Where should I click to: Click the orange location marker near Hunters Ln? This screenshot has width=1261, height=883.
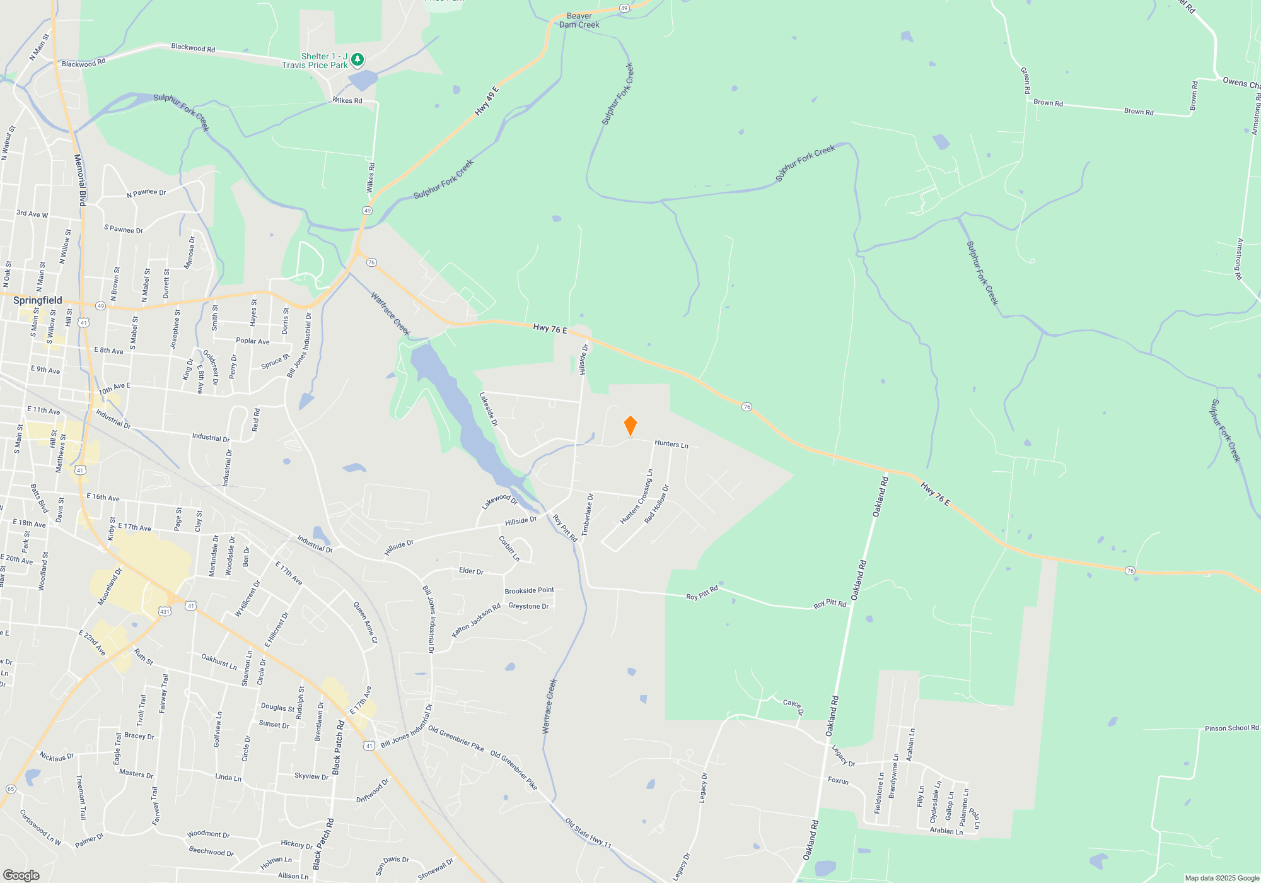coord(630,426)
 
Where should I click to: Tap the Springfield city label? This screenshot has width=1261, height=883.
coord(38,300)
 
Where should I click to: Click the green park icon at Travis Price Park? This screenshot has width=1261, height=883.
coord(357,60)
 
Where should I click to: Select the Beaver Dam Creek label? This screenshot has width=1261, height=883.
coord(579,21)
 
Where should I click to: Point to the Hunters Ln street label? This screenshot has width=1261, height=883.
coord(671,444)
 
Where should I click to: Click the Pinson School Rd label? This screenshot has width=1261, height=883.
coord(1231,728)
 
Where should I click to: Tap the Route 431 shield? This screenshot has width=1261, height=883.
coord(165,611)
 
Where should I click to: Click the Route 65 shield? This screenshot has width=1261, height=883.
coord(11,789)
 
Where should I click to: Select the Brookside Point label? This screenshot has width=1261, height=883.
coord(529,591)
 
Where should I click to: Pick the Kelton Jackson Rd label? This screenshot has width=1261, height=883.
coord(476,620)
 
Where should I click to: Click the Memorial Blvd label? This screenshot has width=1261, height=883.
coord(79,180)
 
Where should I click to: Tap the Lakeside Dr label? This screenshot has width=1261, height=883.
coord(489,409)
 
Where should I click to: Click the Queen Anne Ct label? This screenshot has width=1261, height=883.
coord(365,623)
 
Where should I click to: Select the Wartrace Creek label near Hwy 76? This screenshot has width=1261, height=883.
coord(390,313)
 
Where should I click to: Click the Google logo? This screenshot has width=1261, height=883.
coord(21,875)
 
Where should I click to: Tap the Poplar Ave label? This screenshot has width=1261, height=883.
coord(252,341)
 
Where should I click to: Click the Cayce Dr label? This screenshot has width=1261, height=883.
coord(793,706)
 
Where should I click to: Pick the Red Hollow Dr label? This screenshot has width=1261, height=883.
coord(657,504)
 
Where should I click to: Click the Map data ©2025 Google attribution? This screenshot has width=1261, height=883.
coord(1222,878)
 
